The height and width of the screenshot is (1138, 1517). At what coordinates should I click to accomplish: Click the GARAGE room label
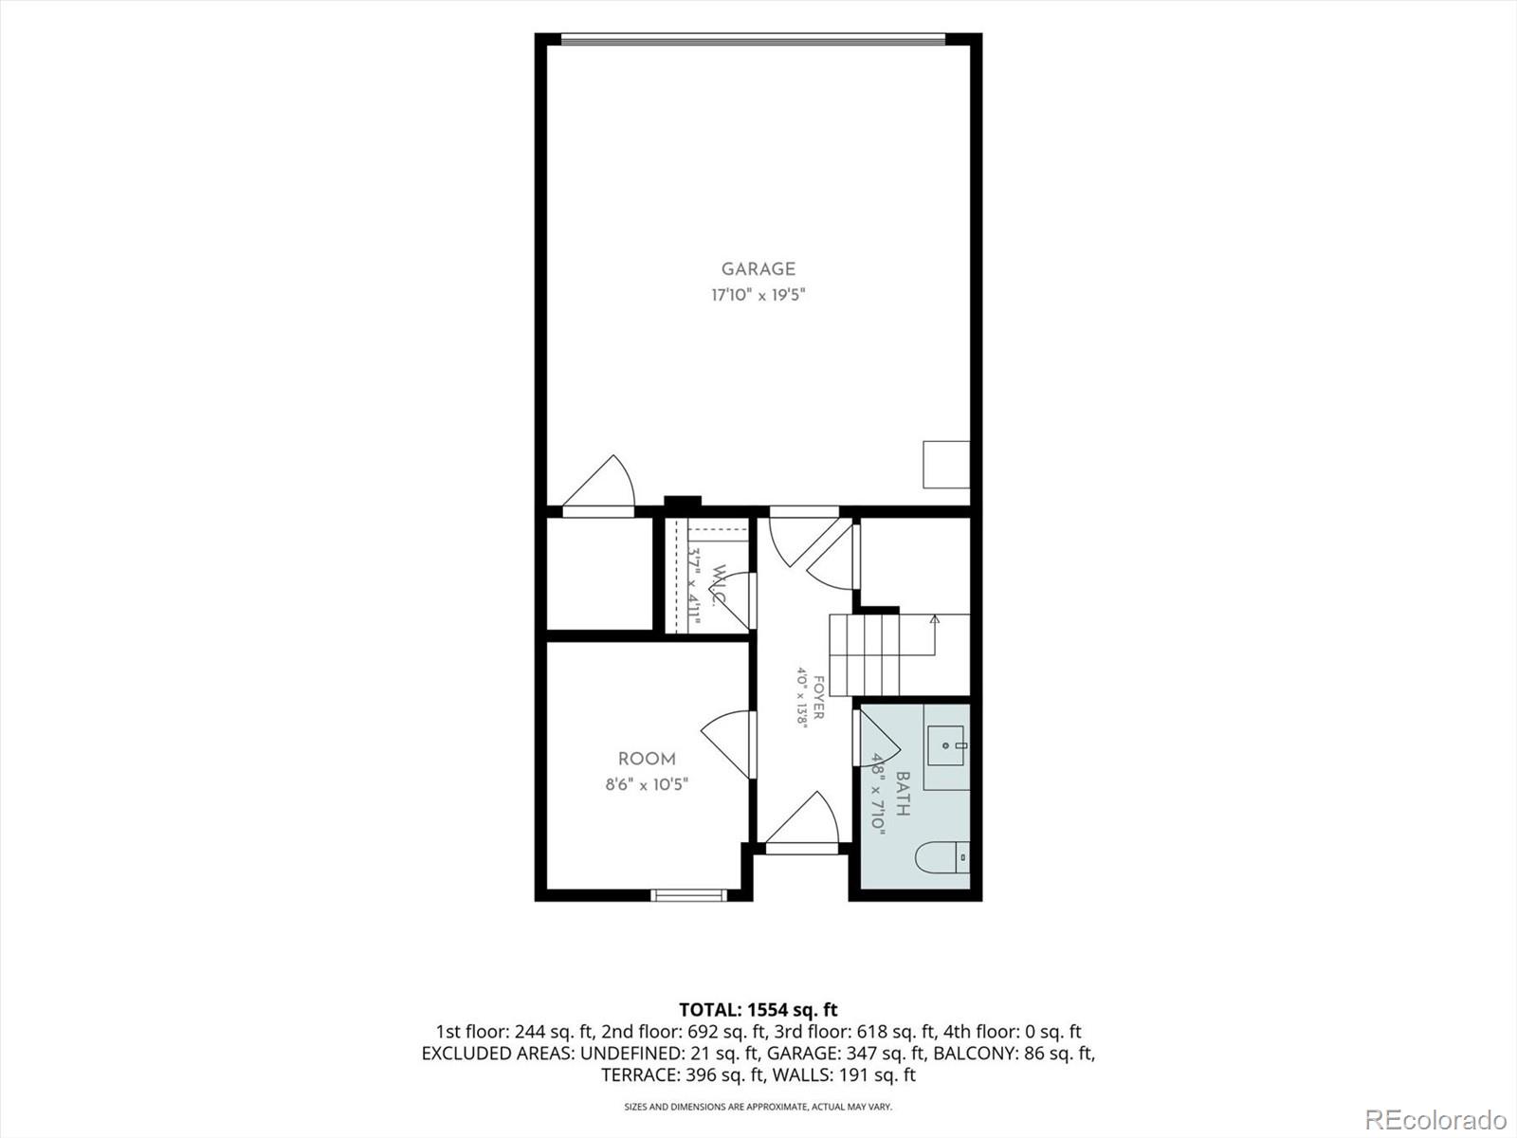(x=758, y=268)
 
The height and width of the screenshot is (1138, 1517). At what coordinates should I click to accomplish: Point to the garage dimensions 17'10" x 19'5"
(x=758, y=295)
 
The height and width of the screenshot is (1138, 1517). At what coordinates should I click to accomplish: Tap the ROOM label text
(x=647, y=759)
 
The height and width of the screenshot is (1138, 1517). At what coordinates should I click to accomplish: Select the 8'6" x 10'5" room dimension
(x=647, y=784)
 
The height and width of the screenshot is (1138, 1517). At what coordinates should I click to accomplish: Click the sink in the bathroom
(x=946, y=745)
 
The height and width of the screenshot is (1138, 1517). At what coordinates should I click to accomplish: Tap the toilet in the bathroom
(x=942, y=858)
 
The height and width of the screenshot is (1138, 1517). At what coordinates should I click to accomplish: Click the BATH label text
(x=903, y=794)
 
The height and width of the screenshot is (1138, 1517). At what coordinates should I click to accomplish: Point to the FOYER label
(x=818, y=697)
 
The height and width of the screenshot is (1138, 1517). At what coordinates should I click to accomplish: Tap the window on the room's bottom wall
(x=688, y=895)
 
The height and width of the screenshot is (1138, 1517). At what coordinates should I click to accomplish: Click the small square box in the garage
(x=946, y=465)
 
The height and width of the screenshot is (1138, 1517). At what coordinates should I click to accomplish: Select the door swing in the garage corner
(x=598, y=484)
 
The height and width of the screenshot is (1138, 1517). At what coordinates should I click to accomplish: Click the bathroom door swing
(x=876, y=738)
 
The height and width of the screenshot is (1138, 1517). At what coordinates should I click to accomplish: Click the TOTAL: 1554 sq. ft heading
(x=758, y=1009)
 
